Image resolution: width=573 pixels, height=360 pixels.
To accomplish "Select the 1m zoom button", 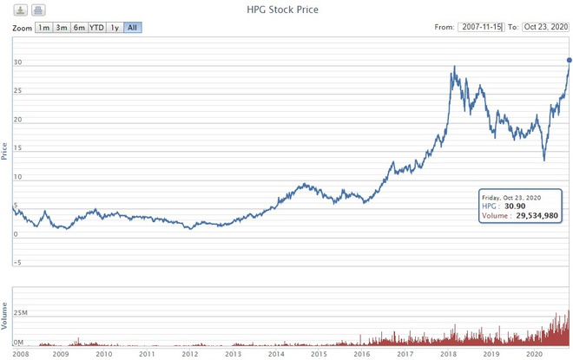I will [x=43, y=28].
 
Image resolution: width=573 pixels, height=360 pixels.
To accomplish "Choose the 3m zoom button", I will [x=62, y=28].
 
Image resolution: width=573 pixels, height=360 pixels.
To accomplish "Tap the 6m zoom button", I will [x=79, y=28].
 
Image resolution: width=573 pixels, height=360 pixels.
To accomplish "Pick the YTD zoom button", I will [x=97, y=28].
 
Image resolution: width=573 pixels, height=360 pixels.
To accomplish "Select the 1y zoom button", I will [x=115, y=28].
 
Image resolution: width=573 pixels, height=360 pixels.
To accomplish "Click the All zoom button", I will [x=132, y=28].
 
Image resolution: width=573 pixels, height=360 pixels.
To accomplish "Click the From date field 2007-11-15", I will [x=481, y=28].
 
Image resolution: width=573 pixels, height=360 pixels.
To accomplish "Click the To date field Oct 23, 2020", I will [x=545, y=28].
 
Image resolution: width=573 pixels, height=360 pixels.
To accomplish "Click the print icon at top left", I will [x=38, y=10].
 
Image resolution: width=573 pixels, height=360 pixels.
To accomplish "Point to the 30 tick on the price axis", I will [x=16, y=62].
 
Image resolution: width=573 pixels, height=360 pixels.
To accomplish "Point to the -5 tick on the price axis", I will [x=16, y=262].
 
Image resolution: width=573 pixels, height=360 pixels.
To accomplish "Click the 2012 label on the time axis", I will [x=189, y=354].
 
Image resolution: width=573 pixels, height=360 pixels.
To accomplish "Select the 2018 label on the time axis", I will [x=449, y=354].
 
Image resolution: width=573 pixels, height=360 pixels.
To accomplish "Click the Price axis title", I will [x=5, y=152].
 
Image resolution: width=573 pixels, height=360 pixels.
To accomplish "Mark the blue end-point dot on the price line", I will [x=570, y=59].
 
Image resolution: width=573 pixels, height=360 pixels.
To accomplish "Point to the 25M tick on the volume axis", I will [x=22, y=311].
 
